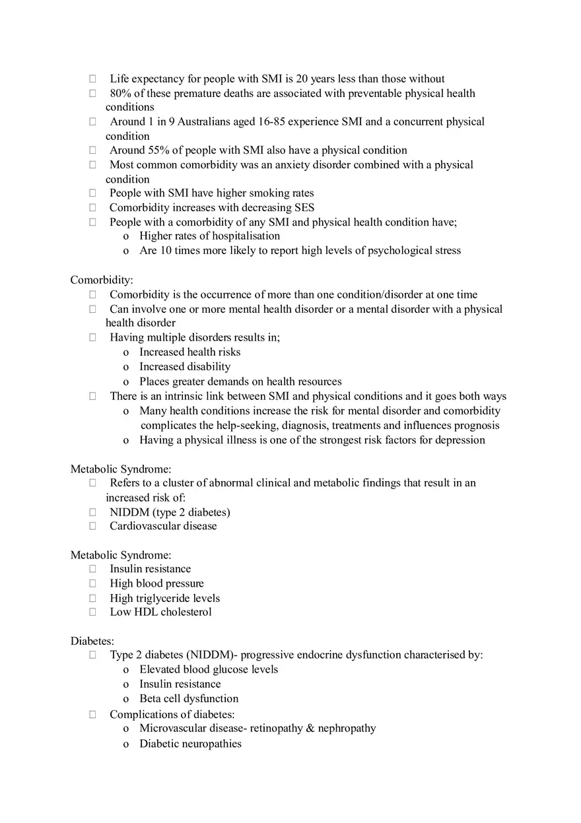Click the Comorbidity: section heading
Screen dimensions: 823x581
pyautogui.click(x=102, y=280)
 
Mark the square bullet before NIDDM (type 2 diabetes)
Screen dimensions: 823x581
pyautogui.click(x=93, y=512)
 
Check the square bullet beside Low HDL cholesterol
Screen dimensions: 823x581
pyautogui.click(x=93, y=612)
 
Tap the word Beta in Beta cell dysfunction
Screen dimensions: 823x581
pyautogui.click(x=151, y=698)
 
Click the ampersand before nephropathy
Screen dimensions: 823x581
pyautogui.click(x=311, y=728)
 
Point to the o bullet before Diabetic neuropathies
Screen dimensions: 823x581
pyautogui.click(x=126, y=744)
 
